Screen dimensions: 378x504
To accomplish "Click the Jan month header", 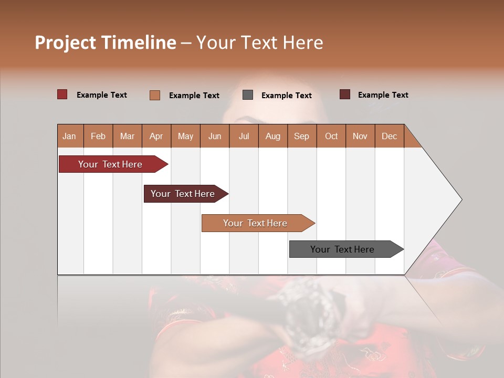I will (69, 136).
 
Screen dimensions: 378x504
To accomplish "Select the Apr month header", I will (156, 136).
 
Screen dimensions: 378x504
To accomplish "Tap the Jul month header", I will (244, 136).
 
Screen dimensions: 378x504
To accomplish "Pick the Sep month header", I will (301, 136).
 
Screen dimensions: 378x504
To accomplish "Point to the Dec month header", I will (389, 136).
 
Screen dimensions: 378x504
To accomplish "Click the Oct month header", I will (331, 136).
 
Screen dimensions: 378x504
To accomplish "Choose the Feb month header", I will (98, 136).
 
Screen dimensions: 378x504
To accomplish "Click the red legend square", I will (62, 94).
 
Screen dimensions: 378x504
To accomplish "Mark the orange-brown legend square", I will (155, 95).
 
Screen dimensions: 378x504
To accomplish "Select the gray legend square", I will (248, 94).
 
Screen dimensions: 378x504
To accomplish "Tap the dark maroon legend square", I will (345, 94).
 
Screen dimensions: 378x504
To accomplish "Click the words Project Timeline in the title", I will (105, 43).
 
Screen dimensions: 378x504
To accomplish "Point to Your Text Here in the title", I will (259, 43).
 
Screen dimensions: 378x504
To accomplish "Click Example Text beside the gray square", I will (286, 96).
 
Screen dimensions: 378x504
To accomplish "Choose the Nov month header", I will (360, 136).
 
